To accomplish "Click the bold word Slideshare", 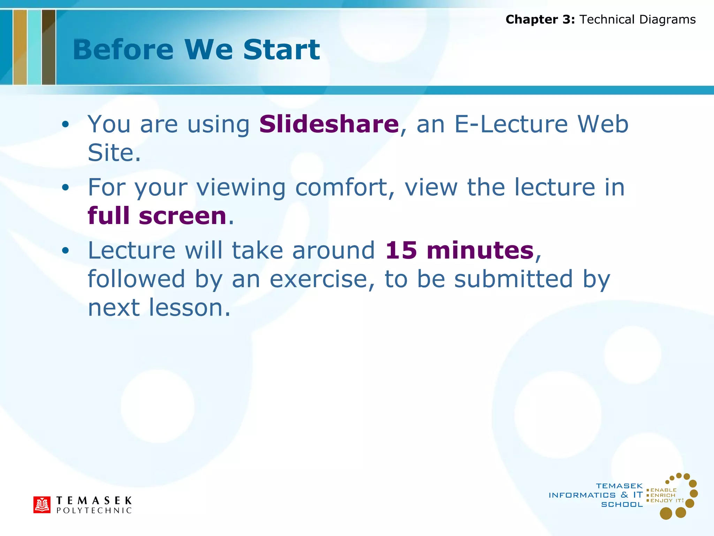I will [329, 124].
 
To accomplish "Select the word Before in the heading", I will [123, 50].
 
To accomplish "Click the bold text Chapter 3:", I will [540, 20].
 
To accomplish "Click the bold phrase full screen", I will [157, 216].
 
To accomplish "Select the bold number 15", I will [401, 251].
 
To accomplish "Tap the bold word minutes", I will [480, 251].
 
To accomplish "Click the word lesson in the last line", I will [189, 308].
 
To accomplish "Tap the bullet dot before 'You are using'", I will [65, 125].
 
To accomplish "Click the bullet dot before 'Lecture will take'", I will [65, 251].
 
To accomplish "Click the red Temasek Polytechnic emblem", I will [42, 505].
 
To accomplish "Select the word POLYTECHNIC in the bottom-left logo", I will [94, 511].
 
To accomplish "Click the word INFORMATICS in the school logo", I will [582, 495].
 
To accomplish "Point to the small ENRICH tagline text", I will [663, 495].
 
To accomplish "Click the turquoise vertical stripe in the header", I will [34, 47].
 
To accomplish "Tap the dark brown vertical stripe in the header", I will [48, 47].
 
